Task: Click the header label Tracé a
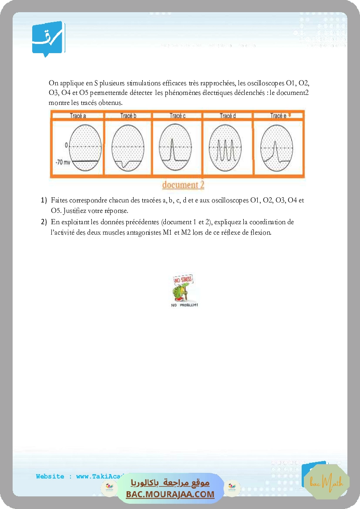click(x=78, y=116)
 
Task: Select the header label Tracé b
click(x=128, y=116)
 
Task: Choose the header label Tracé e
click(x=278, y=116)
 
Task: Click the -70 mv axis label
click(x=62, y=162)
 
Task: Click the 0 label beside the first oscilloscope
click(x=66, y=145)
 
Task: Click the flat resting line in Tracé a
click(x=85, y=161)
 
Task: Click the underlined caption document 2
click(x=183, y=185)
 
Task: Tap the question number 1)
click(x=44, y=200)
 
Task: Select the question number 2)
click(x=44, y=222)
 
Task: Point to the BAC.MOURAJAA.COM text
click(x=170, y=494)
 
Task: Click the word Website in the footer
click(x=50, y=476)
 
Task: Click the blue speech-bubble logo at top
click(x=48, y=39)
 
